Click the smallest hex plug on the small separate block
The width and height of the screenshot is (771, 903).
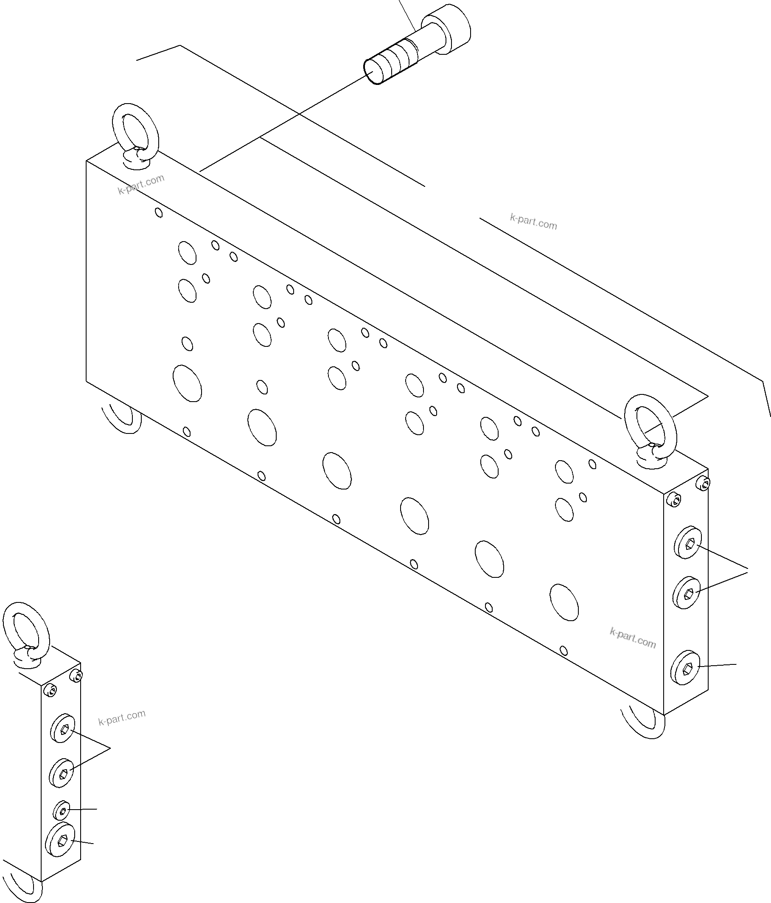[x=62, y=810]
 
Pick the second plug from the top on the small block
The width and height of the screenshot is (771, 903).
[x=62, y=773]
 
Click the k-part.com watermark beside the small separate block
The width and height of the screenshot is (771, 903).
[x=122, y=717]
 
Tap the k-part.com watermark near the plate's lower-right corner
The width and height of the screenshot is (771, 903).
[x=633, y=638]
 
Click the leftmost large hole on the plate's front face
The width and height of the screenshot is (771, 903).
[x=187, y=383]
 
